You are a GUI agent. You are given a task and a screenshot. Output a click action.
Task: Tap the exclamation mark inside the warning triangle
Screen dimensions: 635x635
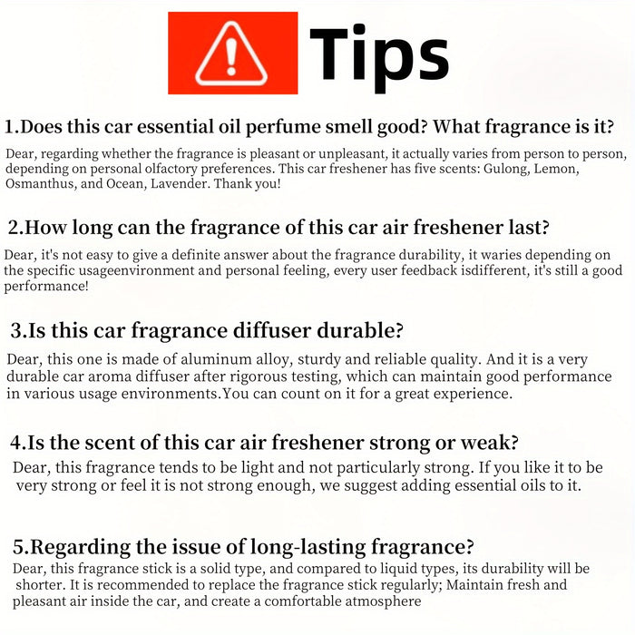[x=231, y=56]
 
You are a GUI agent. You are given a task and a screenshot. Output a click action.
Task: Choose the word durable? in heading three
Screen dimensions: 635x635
[x=360, y=330]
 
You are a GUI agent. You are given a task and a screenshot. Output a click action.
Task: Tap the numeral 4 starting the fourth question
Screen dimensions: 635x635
[x=15, y=443]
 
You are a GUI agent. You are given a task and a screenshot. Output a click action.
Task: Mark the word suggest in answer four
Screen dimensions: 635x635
[x=370, y=485]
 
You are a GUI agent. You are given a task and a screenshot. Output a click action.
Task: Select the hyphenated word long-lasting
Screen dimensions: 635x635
[x=308, y=547]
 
